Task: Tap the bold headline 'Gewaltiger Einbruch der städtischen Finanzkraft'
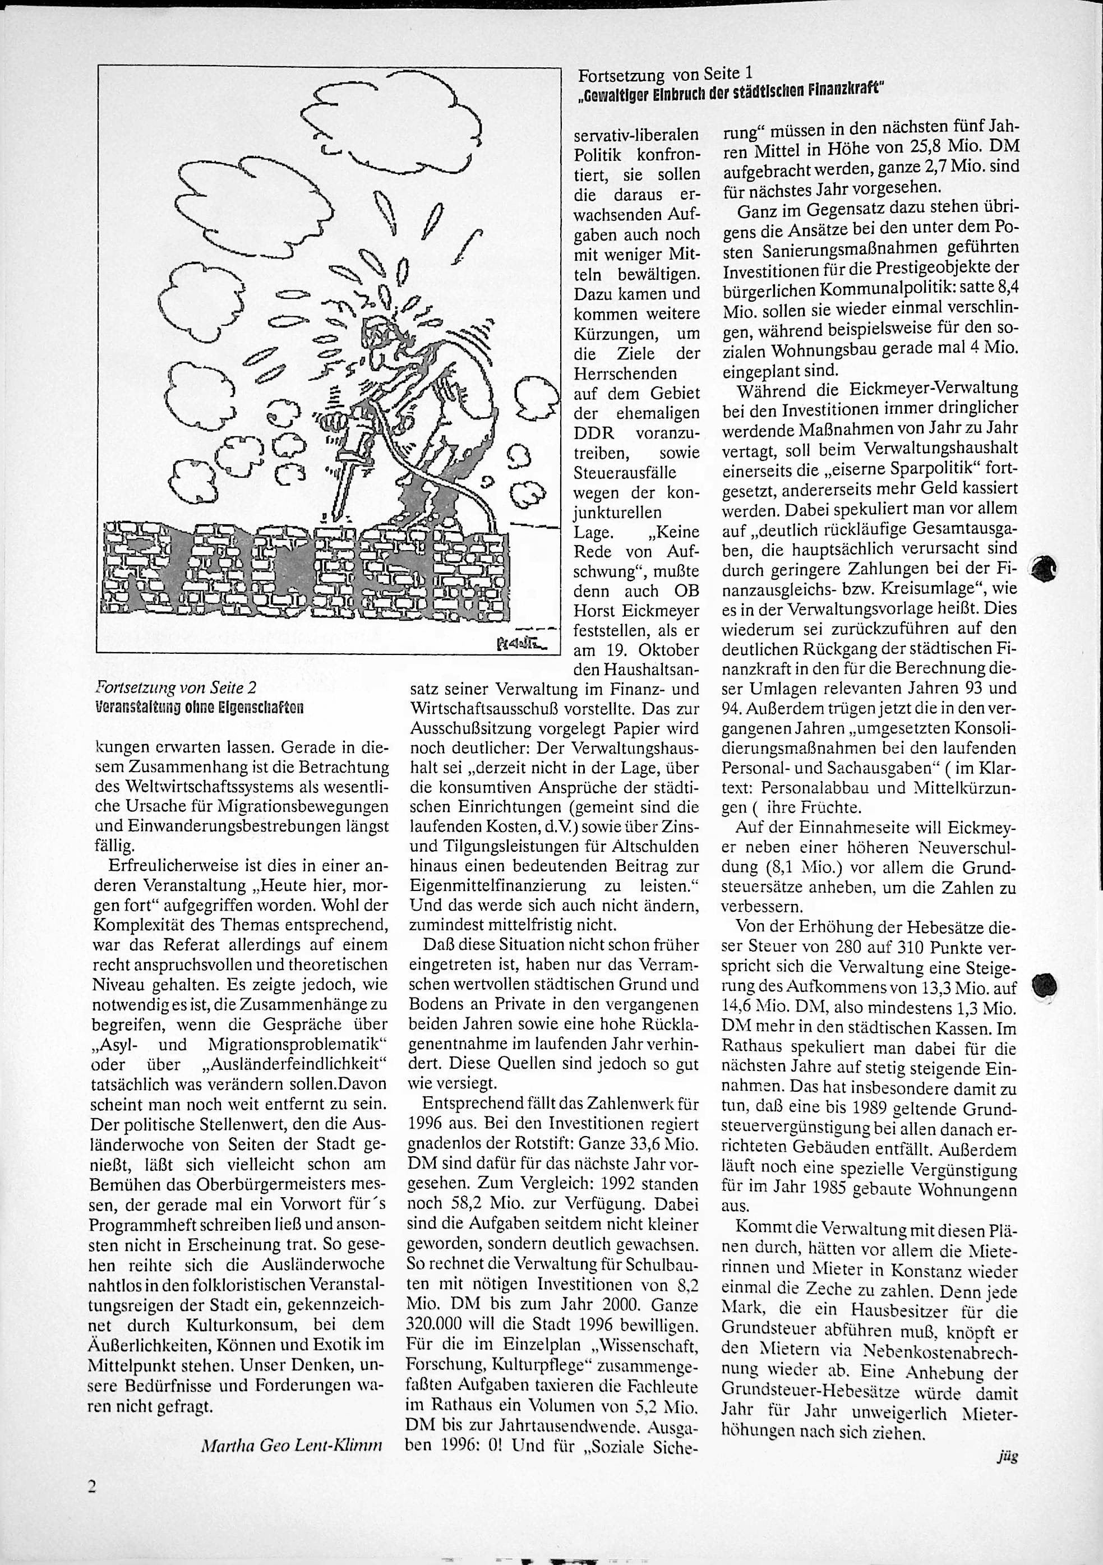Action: click(727, 89)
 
